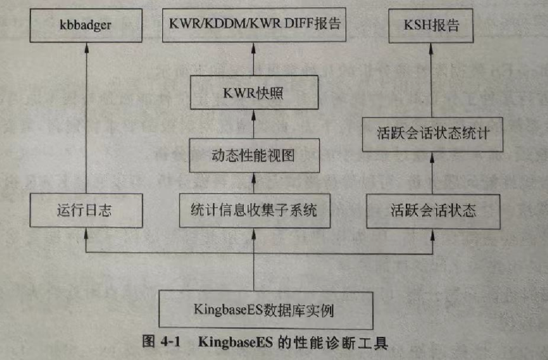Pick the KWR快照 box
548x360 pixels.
click(254, 93)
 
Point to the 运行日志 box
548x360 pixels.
click(85, 210)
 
